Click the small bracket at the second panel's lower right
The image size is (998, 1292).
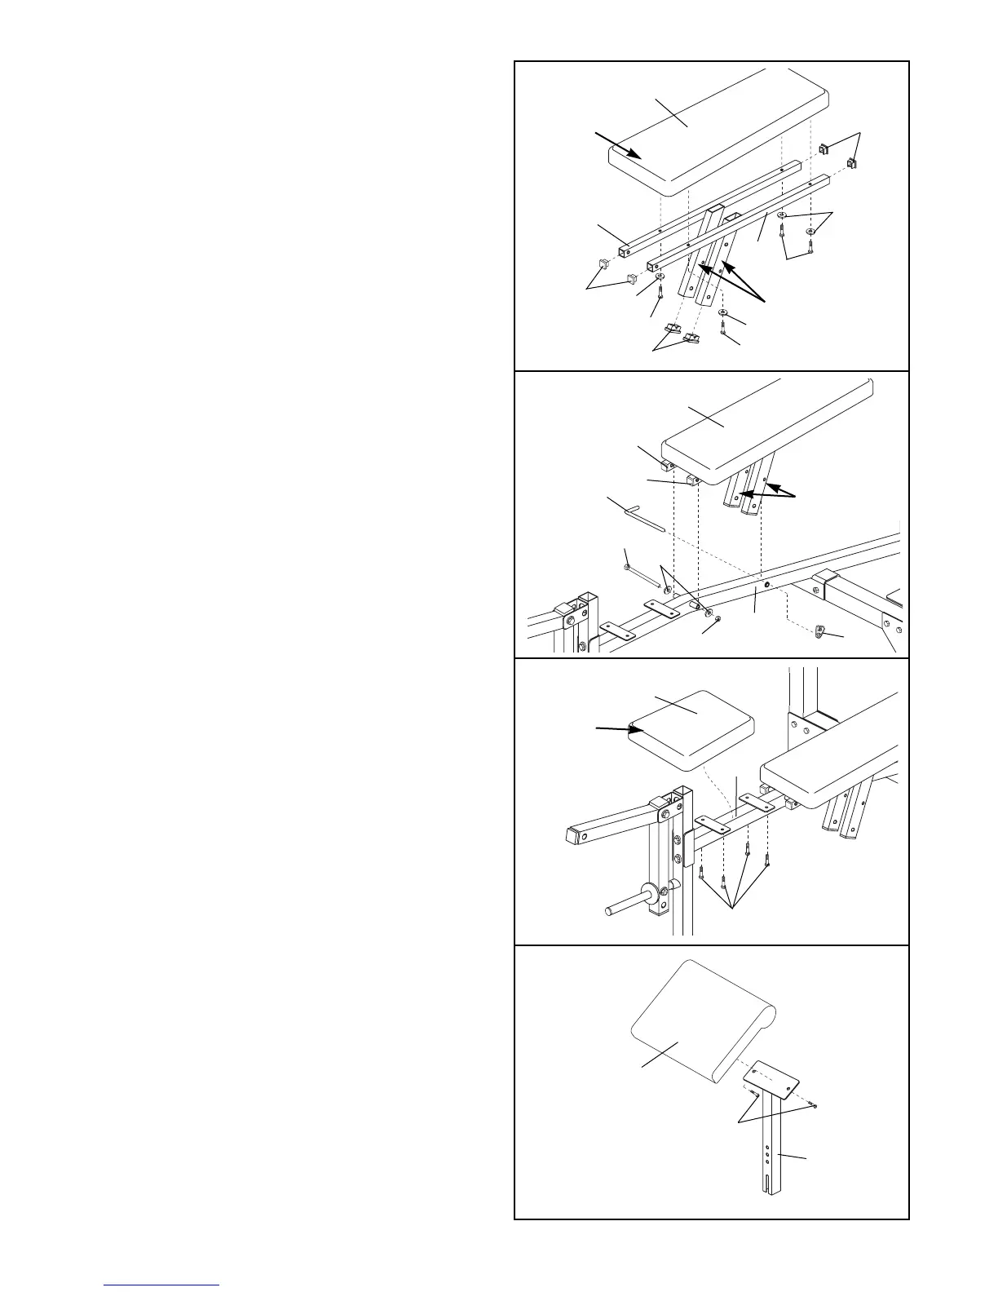[823, 631]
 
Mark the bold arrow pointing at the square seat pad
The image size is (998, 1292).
[616, 728]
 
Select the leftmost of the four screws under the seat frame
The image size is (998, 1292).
[701, 874]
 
